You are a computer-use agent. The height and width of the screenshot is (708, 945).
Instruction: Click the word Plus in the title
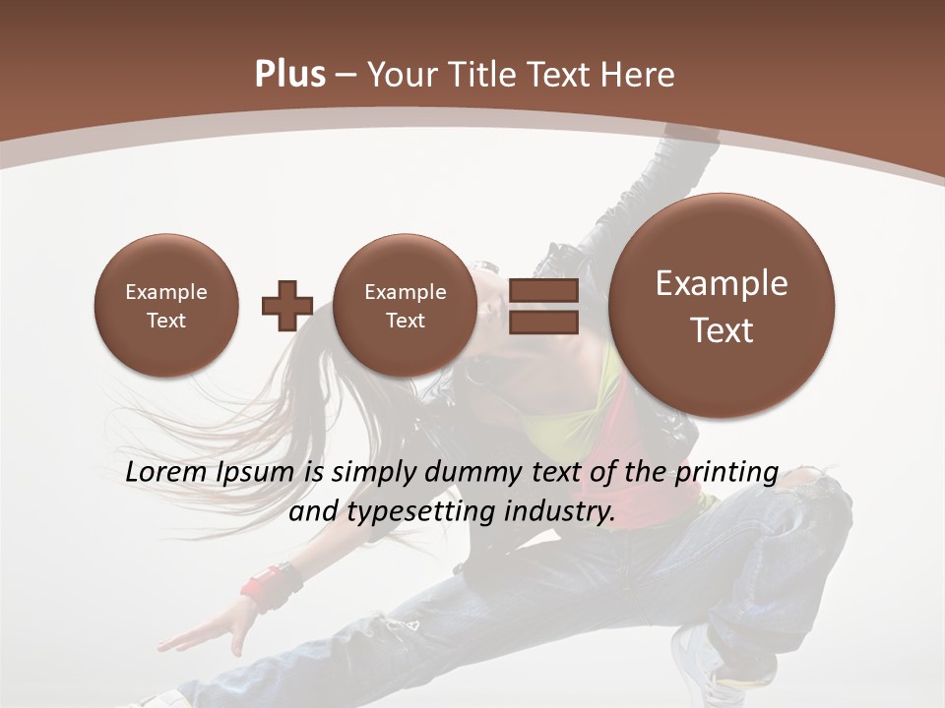[289, 75]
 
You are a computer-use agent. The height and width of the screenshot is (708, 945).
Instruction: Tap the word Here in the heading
[639, 75]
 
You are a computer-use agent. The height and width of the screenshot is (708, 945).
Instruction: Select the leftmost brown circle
[165, 306]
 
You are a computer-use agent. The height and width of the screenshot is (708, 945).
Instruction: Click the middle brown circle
[405, 306]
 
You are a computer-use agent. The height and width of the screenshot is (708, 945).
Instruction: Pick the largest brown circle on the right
[722, 306]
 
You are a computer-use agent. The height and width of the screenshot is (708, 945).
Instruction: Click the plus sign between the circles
[286, 305]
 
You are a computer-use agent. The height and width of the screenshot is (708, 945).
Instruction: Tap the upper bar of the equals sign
[543, 290]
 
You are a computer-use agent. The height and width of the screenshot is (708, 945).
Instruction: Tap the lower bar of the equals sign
[543, 323]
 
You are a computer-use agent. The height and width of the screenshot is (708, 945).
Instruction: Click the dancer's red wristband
[262, 591]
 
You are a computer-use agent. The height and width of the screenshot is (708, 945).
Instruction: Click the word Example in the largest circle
[722, 283]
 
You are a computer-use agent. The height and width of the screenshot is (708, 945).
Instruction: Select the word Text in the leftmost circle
[165, 321]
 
